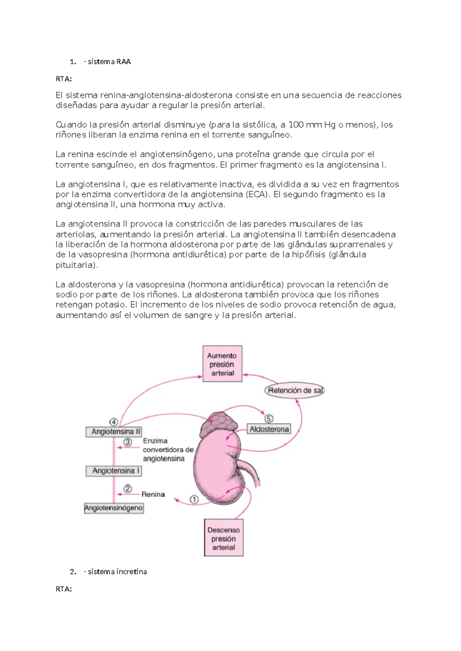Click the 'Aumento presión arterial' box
point(222,364)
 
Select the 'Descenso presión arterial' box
point(224,538)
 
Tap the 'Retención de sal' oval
point(295,391)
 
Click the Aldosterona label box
point(269,429)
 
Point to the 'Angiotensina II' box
point(114,432)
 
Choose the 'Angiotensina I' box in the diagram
point(114,471)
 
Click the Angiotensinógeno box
point(114,508)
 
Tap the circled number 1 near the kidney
point(194,499)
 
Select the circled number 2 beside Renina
point(128,489)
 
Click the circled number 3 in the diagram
point(128,442)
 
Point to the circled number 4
point(114,422)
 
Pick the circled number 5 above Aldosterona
point(269,419)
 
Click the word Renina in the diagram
point(153,494)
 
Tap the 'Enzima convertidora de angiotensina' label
point(168,450)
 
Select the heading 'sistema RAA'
point(109,62)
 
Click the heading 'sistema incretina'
point(117,572)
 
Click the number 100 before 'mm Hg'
point(296,125)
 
